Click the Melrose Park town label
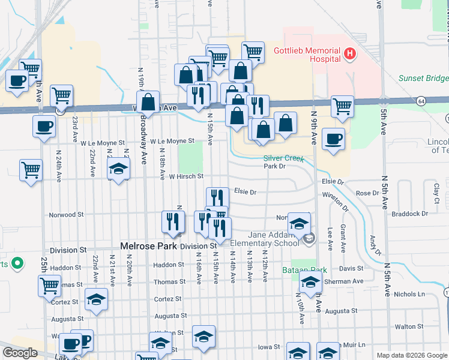point(147,246)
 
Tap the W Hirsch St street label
point(186,176)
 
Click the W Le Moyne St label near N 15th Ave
point(172,142)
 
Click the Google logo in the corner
point(20,353)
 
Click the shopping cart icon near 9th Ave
point(342,106)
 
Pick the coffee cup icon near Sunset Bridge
point(333,139)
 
